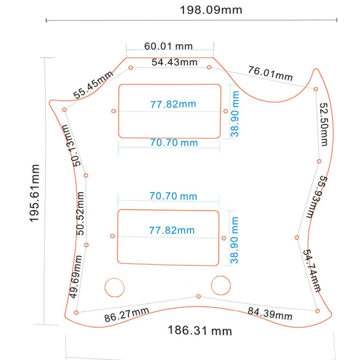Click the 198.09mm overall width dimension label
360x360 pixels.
211,10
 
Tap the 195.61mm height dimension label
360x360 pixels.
35,193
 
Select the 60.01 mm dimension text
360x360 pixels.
168,46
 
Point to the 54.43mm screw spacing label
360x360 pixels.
175,62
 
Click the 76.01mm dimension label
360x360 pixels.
270,73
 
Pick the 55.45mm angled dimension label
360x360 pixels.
93,85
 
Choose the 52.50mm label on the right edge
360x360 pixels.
324,124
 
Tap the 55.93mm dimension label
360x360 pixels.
317,197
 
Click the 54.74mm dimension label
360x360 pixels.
311,270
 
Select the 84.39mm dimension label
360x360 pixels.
270,314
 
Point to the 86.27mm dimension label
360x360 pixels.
126,315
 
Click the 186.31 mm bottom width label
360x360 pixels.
200,331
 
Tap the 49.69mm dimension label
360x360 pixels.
76,277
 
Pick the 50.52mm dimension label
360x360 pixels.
80,213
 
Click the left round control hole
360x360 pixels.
115,288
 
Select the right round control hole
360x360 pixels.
220,285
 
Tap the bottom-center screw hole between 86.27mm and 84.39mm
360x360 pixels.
198,297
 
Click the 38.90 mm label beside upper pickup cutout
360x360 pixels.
235,114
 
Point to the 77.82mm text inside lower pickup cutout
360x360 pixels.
172,230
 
